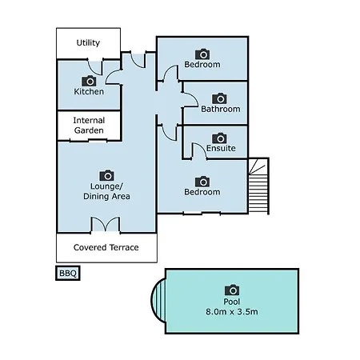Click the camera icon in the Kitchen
[89, 81]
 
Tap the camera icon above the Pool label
[232, 290]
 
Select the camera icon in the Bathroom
[219, 98]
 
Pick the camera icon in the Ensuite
[219, 138]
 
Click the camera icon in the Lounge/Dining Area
[106, 175]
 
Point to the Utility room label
[88, 42]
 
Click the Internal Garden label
[89, 126]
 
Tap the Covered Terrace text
[106, 247]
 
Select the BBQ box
[68, 273]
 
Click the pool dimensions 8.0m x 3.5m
[232, 311]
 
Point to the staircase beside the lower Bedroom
[258, 186]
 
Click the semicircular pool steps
[158, 300]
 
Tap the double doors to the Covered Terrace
[106, 225]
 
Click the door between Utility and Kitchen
[95, 68]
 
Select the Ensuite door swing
[200, 150]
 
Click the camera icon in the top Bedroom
[202, 54]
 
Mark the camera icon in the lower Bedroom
[202, 182]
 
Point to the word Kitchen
[89, 91]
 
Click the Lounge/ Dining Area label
[106, 191]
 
